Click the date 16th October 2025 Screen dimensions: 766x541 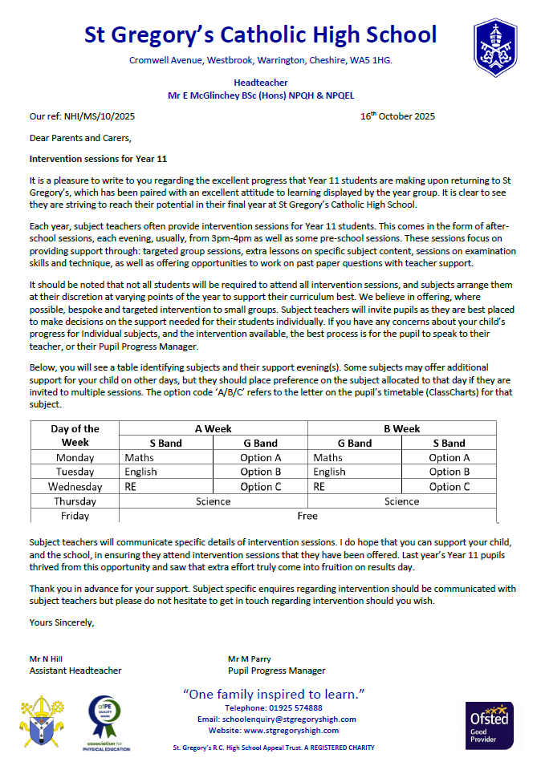397,116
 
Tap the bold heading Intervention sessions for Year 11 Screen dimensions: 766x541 98,159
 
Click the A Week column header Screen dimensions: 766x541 213,429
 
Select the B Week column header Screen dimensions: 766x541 401,429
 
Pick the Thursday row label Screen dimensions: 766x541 75,501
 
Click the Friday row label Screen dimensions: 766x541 75,516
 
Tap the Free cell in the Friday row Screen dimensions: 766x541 307,516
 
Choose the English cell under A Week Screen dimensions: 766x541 140,472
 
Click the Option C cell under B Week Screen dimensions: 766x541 449,486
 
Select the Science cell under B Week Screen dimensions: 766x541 401,501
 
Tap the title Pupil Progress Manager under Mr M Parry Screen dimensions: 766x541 276,671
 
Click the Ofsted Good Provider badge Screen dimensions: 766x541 489,726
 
